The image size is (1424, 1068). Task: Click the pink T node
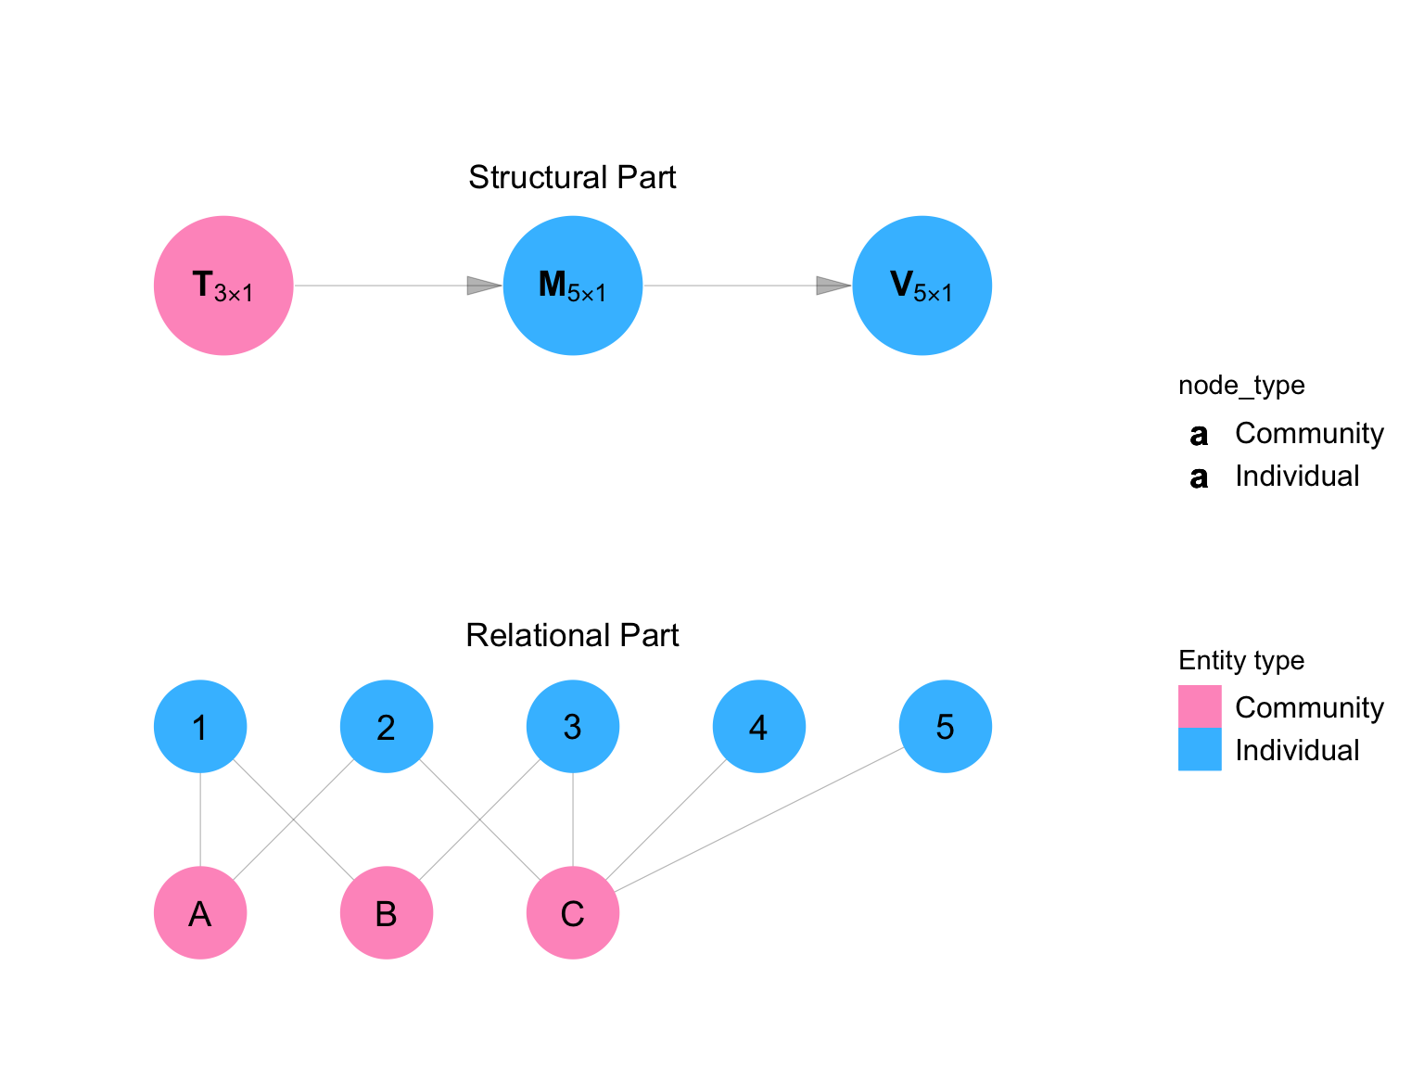click(223, 286)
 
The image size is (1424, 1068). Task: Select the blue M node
click(573, 286)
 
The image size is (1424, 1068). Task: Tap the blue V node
click(922, 286)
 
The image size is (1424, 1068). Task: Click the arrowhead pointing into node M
click(483, 286)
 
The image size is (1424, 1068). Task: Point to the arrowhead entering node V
click(833, 286)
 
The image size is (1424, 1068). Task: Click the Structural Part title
click(572, 177)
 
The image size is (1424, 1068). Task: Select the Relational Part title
click(572, 635)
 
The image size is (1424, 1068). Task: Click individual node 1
click(200, 727)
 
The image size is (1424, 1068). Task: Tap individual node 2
click(387, 727)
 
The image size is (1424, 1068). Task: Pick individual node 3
click(573, 727)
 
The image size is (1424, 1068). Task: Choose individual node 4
click(759, 727)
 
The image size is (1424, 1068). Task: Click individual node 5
click(946, 727)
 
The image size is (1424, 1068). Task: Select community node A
click(200, 913)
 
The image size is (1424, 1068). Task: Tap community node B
click(387, 913)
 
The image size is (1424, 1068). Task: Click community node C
click(573, 913)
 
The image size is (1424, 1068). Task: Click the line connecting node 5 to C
click(759, 820)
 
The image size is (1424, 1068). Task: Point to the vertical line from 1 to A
click(200, 820)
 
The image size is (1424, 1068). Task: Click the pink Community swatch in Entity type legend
click(1200, 706)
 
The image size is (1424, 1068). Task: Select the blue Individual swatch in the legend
click(1200, 749)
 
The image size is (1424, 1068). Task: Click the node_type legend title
click(1241, 386)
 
